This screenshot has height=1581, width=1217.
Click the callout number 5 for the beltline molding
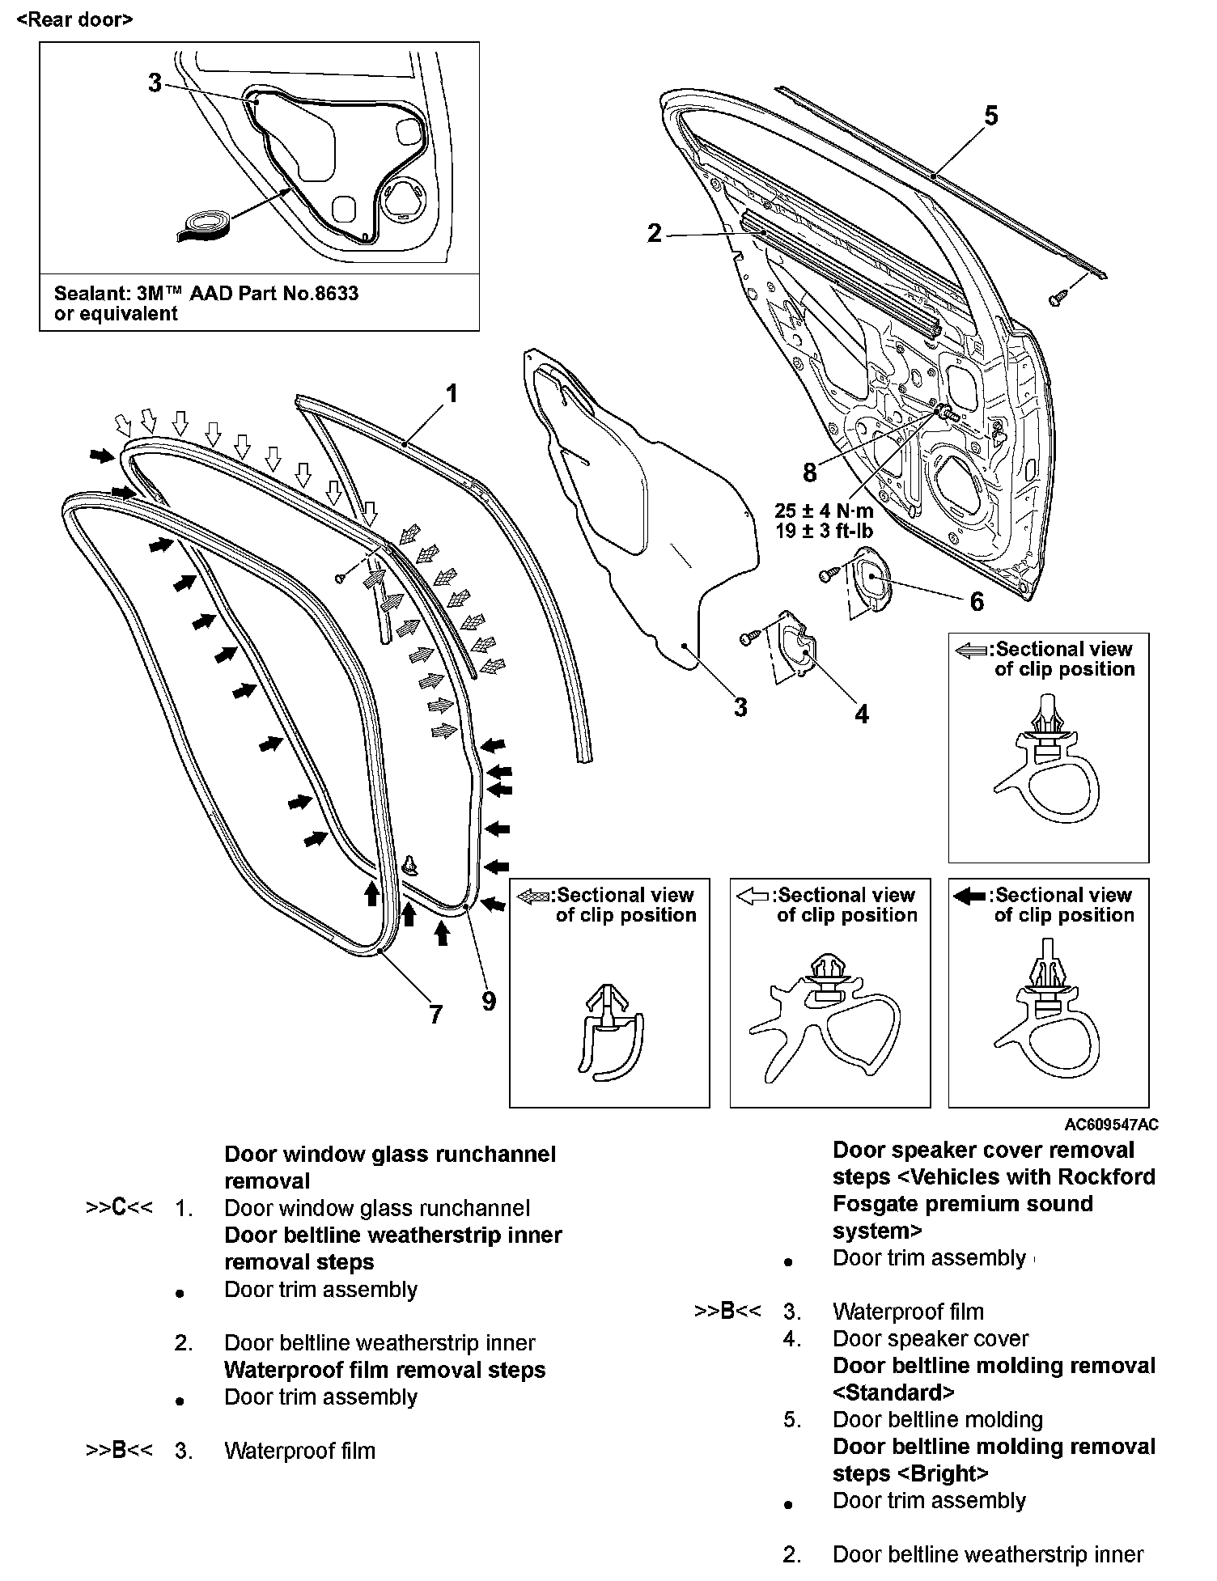click(990, 117)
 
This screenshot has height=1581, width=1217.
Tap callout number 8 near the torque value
click(810, 472)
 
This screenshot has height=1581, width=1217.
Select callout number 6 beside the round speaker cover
click(977, 601)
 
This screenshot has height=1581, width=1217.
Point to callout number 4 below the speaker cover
click(862, 714)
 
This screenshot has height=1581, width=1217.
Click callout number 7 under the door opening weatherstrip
click(435, 1014)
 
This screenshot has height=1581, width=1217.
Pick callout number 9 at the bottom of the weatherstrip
click(488, 1002)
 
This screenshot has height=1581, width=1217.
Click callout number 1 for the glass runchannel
click(452, 394)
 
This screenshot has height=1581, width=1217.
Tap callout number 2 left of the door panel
click(655, 234)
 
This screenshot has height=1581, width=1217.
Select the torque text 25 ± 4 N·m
click(824, 511)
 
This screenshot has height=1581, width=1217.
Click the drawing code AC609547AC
click(1111, 1125)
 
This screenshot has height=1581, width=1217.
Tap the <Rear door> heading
click(74, 19)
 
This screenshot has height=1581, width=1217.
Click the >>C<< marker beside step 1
click(119, 1208)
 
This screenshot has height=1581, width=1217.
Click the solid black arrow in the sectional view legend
click(969, 896)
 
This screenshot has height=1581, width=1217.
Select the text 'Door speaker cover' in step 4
click(930, 1339)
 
